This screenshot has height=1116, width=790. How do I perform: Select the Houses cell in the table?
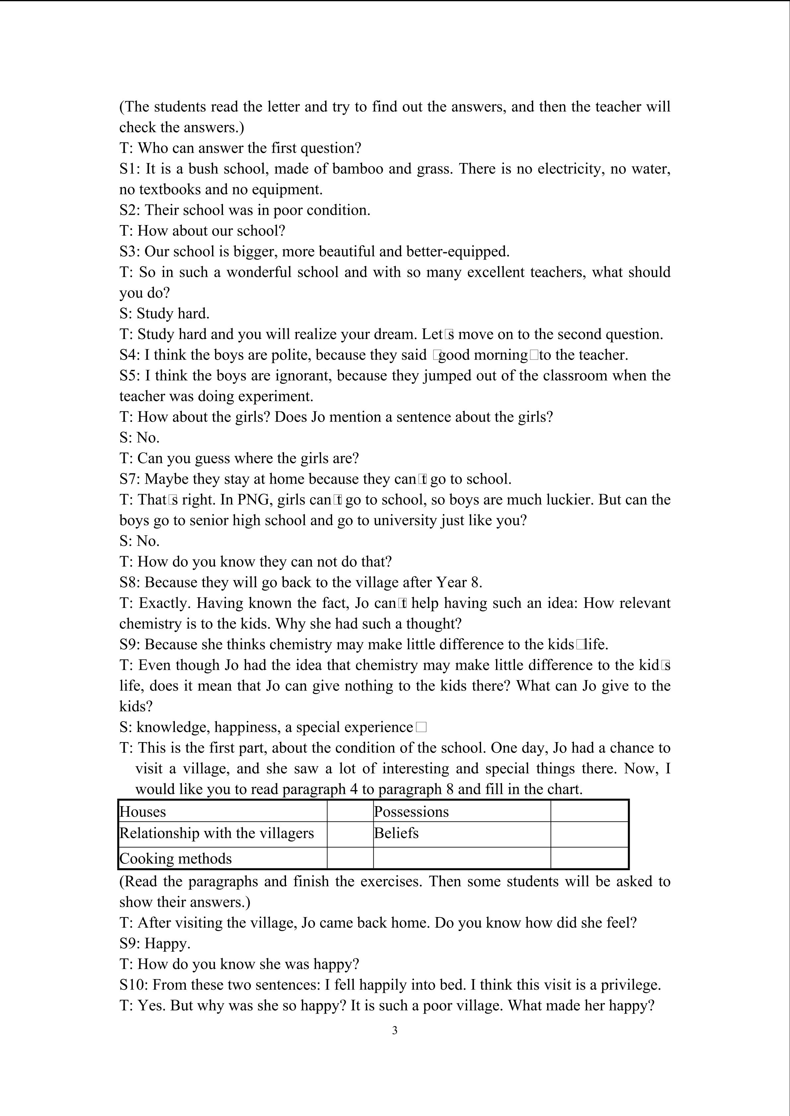pyautogui.click(x=143, y=812)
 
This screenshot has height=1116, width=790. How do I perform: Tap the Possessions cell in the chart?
pyautogui.click(x=411, y=812)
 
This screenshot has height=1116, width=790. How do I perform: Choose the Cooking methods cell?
pyautogui.click(x=176, y=858)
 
